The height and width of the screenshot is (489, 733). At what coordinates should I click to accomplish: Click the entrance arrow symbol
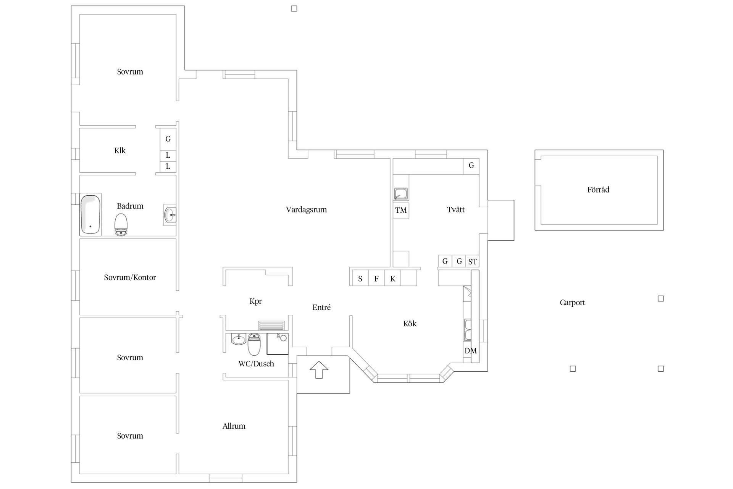[x=319, y=369]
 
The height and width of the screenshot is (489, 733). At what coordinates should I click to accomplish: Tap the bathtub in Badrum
[x=90, y=214]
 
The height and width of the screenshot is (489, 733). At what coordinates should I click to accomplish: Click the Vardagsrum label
[x=306, y=210]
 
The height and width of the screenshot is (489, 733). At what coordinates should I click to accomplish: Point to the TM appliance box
[x=401, y=210]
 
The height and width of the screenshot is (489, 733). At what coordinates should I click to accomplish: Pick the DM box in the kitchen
[x=470, y=351]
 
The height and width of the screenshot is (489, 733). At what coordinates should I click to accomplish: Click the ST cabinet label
[x=473, y=262]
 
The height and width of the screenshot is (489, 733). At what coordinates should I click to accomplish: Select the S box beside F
[x=360, y=279]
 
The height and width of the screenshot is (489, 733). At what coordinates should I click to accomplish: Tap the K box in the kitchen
[x=392, y=279]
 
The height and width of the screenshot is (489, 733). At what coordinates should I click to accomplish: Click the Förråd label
[x=598, y=190]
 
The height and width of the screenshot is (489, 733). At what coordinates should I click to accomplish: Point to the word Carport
[x=572, y=303]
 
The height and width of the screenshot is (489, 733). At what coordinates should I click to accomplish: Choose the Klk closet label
[x=120, y=151]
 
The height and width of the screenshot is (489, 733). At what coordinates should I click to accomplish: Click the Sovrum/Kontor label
[x=130, y=278]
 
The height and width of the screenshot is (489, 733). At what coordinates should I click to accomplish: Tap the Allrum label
[x=234, y=426]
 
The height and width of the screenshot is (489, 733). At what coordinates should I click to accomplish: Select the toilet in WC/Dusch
[x=254, y=344]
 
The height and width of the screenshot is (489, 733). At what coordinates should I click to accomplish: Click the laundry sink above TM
[x=401, y=194]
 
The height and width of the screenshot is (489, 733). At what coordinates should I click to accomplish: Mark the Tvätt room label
[x=456, y=210]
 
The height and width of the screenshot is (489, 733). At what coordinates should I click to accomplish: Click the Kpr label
[x=255, y=301]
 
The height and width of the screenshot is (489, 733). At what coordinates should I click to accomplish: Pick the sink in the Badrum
[x=170, y=215]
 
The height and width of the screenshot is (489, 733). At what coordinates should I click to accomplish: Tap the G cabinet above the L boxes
[x=168, y=139]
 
